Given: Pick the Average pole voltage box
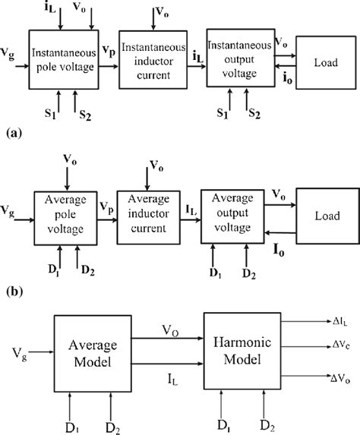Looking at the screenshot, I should pyautogui.click(x=65, y=216).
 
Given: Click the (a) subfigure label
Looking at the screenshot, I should pyautogui.click(x=11, y=131).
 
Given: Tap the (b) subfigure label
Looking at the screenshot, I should pyautogui.click(x=11, y=289).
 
